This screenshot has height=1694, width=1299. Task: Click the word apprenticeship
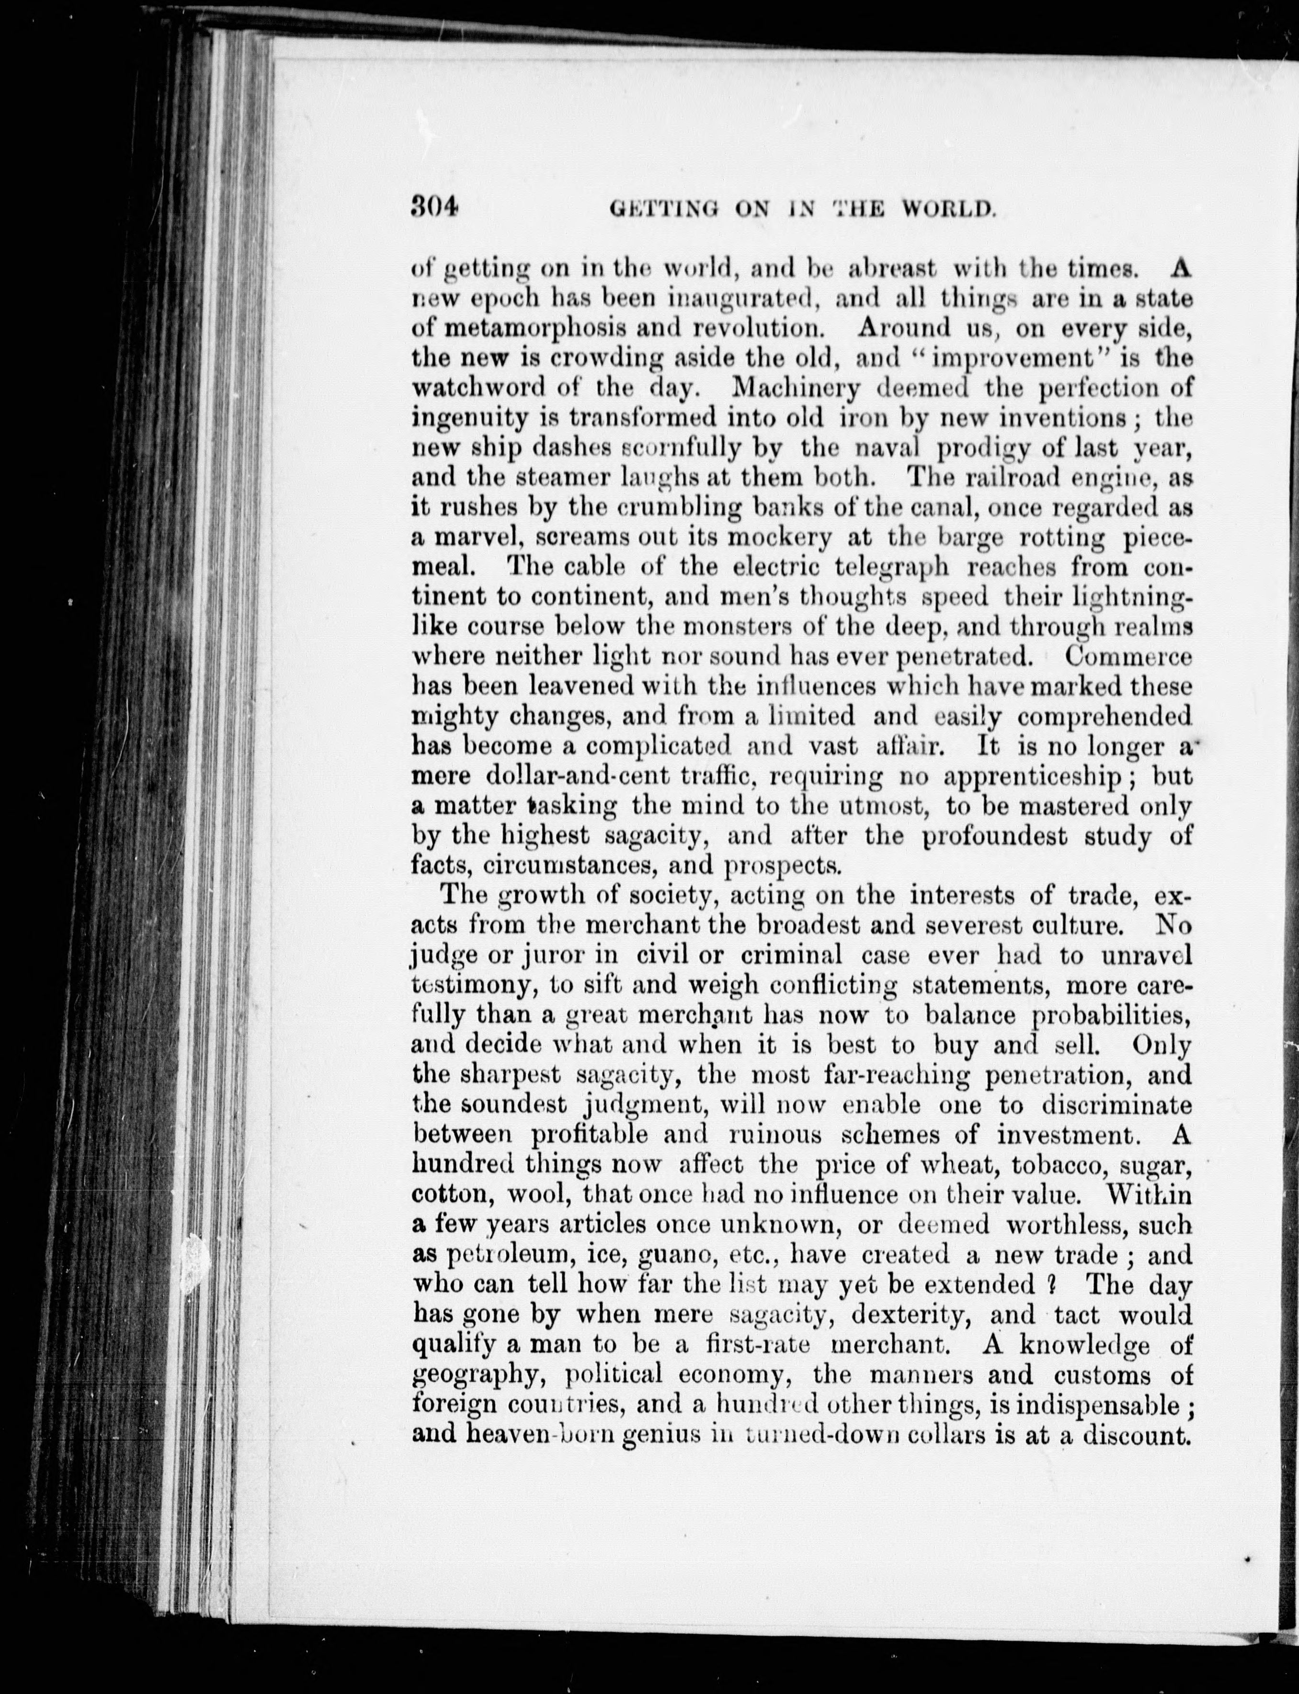pos(1032,776)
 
